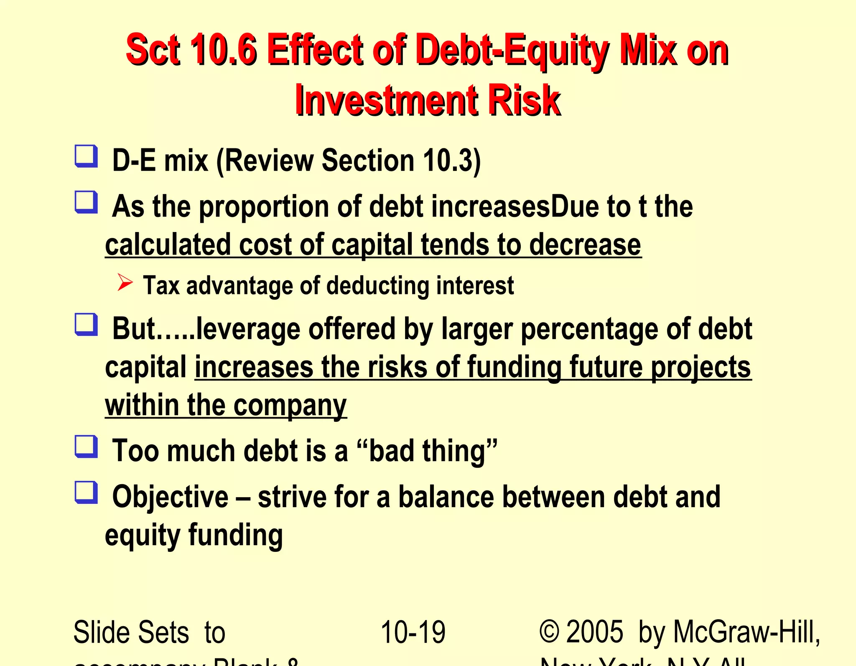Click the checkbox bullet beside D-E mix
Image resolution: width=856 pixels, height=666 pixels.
86,156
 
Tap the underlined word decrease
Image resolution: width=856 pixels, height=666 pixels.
585,245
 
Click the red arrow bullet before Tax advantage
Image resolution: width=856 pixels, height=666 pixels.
125,283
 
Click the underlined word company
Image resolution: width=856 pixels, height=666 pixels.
290,406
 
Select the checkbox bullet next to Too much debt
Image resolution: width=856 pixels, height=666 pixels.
86,447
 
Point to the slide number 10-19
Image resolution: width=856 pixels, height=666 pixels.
413,632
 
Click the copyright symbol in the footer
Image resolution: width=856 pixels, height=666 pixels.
549,632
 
